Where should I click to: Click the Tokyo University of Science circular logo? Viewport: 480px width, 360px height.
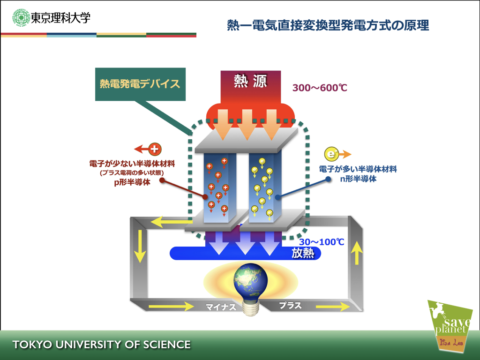(21, 17)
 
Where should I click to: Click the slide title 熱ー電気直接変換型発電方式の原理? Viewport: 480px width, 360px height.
(328, 25)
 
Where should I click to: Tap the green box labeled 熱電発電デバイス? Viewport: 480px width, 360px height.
(140, 84)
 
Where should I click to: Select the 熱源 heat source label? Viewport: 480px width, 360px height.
(250, 81)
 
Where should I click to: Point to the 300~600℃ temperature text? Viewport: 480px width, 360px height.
(320, 88)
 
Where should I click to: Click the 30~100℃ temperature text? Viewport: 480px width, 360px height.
(322, 242)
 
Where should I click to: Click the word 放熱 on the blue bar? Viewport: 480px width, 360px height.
(303, 253)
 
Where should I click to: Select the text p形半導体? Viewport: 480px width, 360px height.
(132, 182)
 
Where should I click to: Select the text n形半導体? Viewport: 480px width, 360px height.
(358, 179)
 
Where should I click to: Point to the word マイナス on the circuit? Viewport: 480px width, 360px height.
(221, 307)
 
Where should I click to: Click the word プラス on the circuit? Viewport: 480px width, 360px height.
(290, 305)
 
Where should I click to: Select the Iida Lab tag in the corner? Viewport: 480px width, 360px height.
(451, 342)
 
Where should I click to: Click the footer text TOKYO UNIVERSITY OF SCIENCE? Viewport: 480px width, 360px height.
(102, 345)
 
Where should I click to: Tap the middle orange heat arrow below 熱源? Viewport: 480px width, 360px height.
(247, 125)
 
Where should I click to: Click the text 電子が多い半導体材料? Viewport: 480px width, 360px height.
(358, 169)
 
